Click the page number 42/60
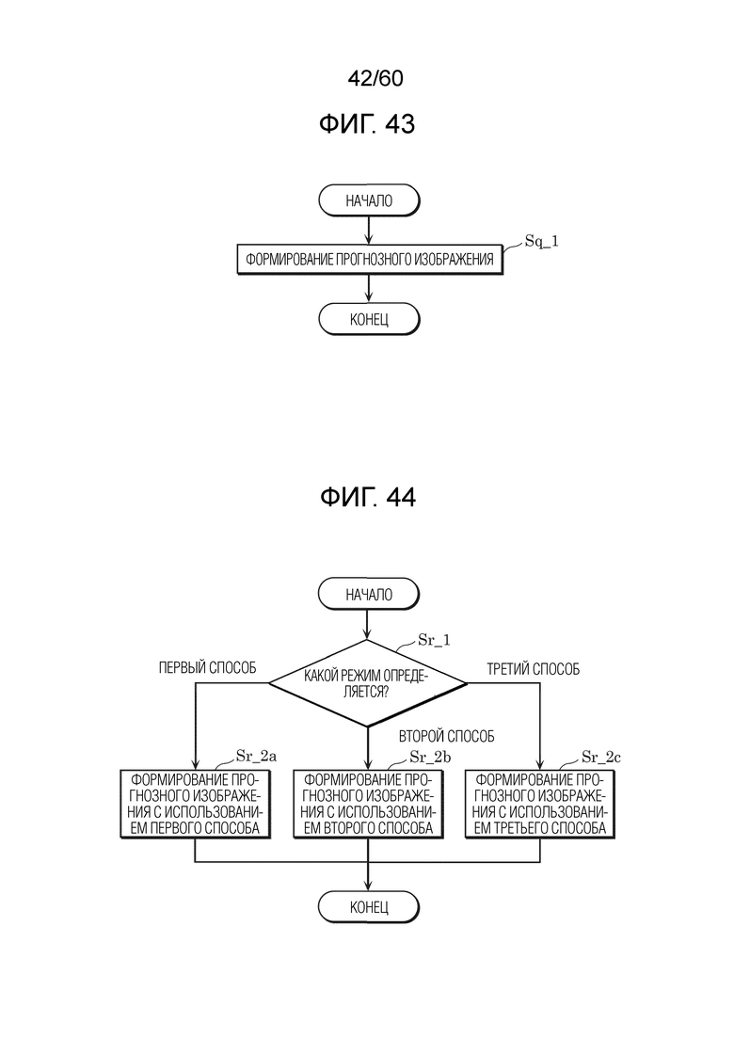pyautogui.click(x=375, y=78)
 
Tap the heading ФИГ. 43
pyautogui.click(x=367, y=124)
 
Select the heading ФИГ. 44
pyautogui.click(x=367, y=497)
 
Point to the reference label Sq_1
pyautogui.click(x=541, y=242)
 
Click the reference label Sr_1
pyautogui.click(x=434, y=640)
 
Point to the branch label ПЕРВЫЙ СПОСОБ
pyautogui.click(x=207, y=668)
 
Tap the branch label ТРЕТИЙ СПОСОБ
pyautogui.click(x=534, y=669)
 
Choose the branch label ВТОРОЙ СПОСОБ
pyautogui.click(x=447, y=736)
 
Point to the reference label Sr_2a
pyautogui.click(x=256, y=757)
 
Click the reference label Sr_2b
pyautogui.click(x=430, y=757)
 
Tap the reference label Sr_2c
pyautogui.click(x=601, y=757)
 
